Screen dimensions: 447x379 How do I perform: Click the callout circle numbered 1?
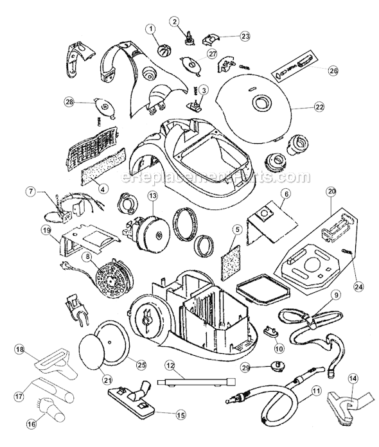click(151, 30)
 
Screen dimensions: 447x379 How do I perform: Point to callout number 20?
click(331, 192)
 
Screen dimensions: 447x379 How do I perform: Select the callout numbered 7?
click(30, 191)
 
